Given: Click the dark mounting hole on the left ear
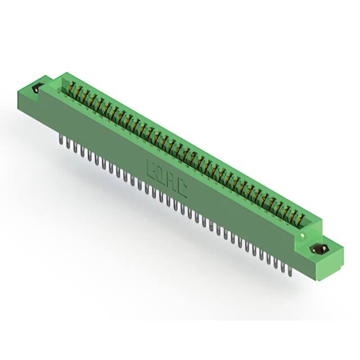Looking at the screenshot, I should pyautogui.click(x=38, y=88).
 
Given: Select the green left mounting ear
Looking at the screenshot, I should pyautogui.click(x=35, y=94).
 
